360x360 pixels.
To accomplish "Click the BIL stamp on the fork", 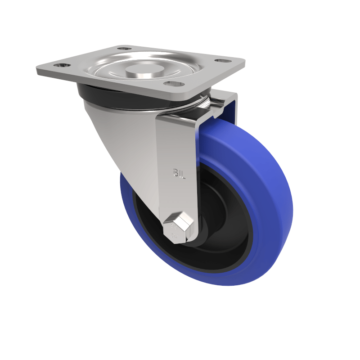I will pos(179,172).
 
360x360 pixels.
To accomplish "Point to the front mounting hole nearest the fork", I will pos(172,84).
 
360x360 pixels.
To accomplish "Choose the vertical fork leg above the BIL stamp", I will pos(178,139).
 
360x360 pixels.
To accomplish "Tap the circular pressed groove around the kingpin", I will pos(112,72).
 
